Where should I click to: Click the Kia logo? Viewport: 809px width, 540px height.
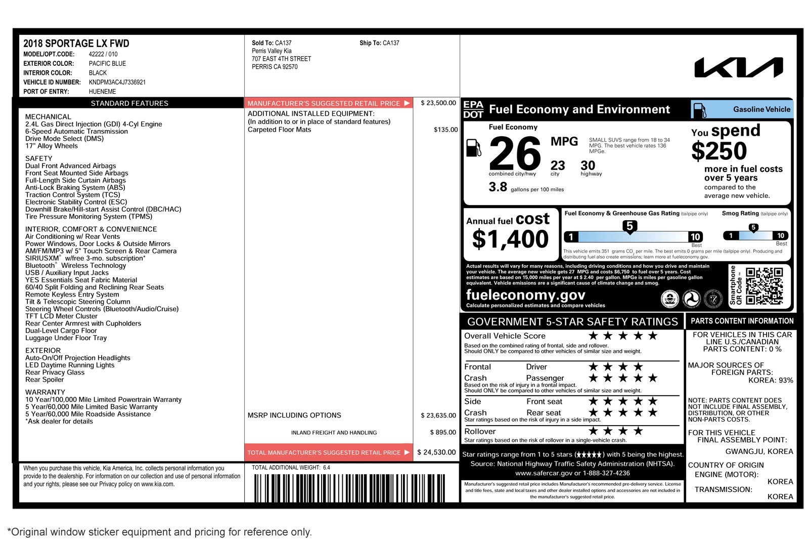click(x=738, y=67)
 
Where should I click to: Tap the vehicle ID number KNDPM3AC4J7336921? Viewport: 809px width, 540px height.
click(x=117, y=82)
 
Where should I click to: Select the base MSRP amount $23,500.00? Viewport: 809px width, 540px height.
click(x=438, y=103)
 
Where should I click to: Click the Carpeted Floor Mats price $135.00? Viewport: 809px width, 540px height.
click(x=445, y=130)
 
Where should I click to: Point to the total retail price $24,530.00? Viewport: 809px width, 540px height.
click(x=436, y=452)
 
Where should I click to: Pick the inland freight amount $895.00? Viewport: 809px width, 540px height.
click(x=442, y=432)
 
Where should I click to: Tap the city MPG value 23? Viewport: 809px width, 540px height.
click(x=558, y=165)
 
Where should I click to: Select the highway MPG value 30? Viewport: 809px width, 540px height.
click(x=588, y=165)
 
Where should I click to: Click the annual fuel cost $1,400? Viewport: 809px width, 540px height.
click(x=510, y=239)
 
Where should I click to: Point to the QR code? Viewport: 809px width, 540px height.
click(x=764, y=286)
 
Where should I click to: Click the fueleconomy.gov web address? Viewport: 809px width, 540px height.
click(x=525, y=295)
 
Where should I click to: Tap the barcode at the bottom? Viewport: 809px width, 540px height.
click(x=349, y=487)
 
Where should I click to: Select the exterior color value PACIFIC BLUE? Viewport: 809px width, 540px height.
click(x=107, y=63)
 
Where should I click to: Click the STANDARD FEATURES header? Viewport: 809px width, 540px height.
click(x=129, y=103)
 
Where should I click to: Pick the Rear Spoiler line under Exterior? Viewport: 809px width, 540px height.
click(x=44, y=380)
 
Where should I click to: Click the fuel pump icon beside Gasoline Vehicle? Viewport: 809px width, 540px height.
click(x=699, y=110)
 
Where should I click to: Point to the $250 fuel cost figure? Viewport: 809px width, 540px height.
click(x=718, y=151)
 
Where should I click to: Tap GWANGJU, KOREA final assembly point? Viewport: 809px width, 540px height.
click(x=759, y=451)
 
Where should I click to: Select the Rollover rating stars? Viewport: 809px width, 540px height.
click(x=615, y=431)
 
